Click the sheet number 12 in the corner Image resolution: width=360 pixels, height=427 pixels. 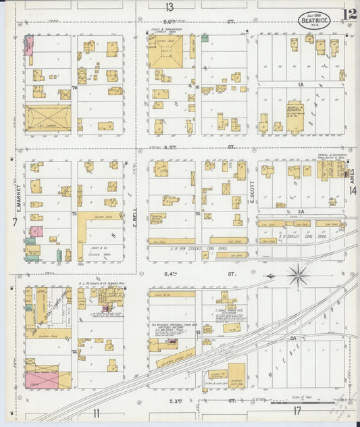(x=349, y=16)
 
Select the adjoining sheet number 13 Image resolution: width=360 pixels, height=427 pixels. (x=169, y=7)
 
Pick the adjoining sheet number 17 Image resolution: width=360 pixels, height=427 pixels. (x=297, y=411)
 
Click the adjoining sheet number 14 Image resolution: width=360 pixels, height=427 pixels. (x=353, y=191)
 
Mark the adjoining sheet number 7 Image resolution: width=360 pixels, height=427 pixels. (x=13, y=222)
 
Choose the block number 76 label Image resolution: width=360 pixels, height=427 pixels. (x=75, y=88)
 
